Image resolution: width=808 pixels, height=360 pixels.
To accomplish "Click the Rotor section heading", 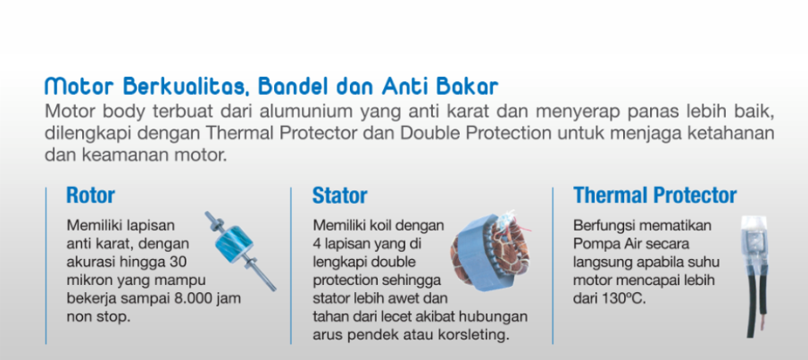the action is [x=91, y=196].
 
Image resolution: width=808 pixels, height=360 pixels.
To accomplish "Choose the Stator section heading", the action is [x=339, y=196].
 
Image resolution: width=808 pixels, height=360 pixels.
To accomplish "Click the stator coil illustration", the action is [x=490, y=251].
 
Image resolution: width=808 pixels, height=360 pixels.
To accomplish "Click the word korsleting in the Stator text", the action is [x=479, y=335].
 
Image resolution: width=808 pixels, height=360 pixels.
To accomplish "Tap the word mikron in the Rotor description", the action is [x=84, y=280].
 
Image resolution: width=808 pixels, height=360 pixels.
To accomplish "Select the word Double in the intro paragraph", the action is [x=431, y=132].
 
